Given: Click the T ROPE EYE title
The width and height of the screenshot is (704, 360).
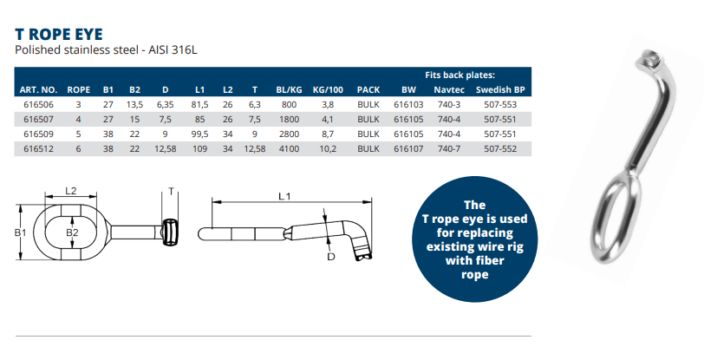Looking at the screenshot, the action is (x=59, y=34).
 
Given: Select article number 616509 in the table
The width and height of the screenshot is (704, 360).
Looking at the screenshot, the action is (x=38, y=134).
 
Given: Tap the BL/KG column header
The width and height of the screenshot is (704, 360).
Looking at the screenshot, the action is (x=289, y=90).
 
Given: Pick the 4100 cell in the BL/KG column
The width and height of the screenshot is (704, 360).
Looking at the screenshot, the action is (x=289, y=148).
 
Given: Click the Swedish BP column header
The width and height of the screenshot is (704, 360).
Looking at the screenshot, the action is (x=500, y=90).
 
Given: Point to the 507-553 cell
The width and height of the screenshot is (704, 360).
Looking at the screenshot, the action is (x=500, y=105).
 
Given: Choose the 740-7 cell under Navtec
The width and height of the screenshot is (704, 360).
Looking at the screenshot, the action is (x=449, y=148).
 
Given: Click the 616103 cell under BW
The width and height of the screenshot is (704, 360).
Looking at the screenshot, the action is (x=408, y=105).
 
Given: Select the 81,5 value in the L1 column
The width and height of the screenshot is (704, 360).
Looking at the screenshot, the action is (x=199, y=105).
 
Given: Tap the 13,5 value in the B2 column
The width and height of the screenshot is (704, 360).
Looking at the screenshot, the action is (x=134, y=105).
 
